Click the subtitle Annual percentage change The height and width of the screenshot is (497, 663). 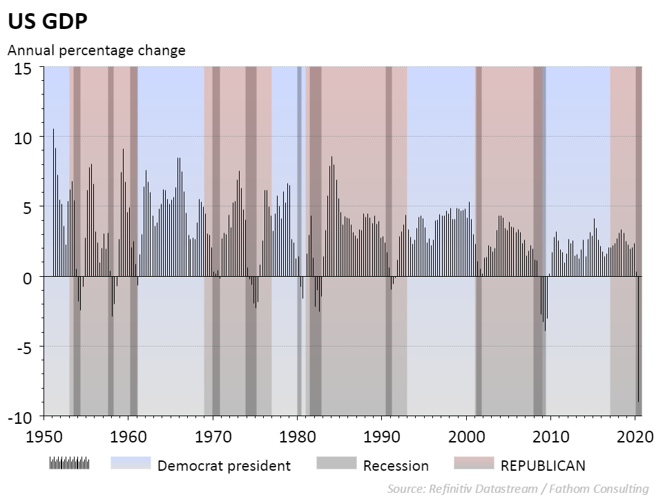(x=96, y=50)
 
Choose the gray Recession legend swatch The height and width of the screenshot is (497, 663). (x=336, y=462)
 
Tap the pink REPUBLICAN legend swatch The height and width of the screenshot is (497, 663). (x=474, y=462)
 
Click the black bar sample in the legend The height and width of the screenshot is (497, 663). (x=69, y=462)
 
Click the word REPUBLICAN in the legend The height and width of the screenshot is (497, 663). (x=543, y=465)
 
